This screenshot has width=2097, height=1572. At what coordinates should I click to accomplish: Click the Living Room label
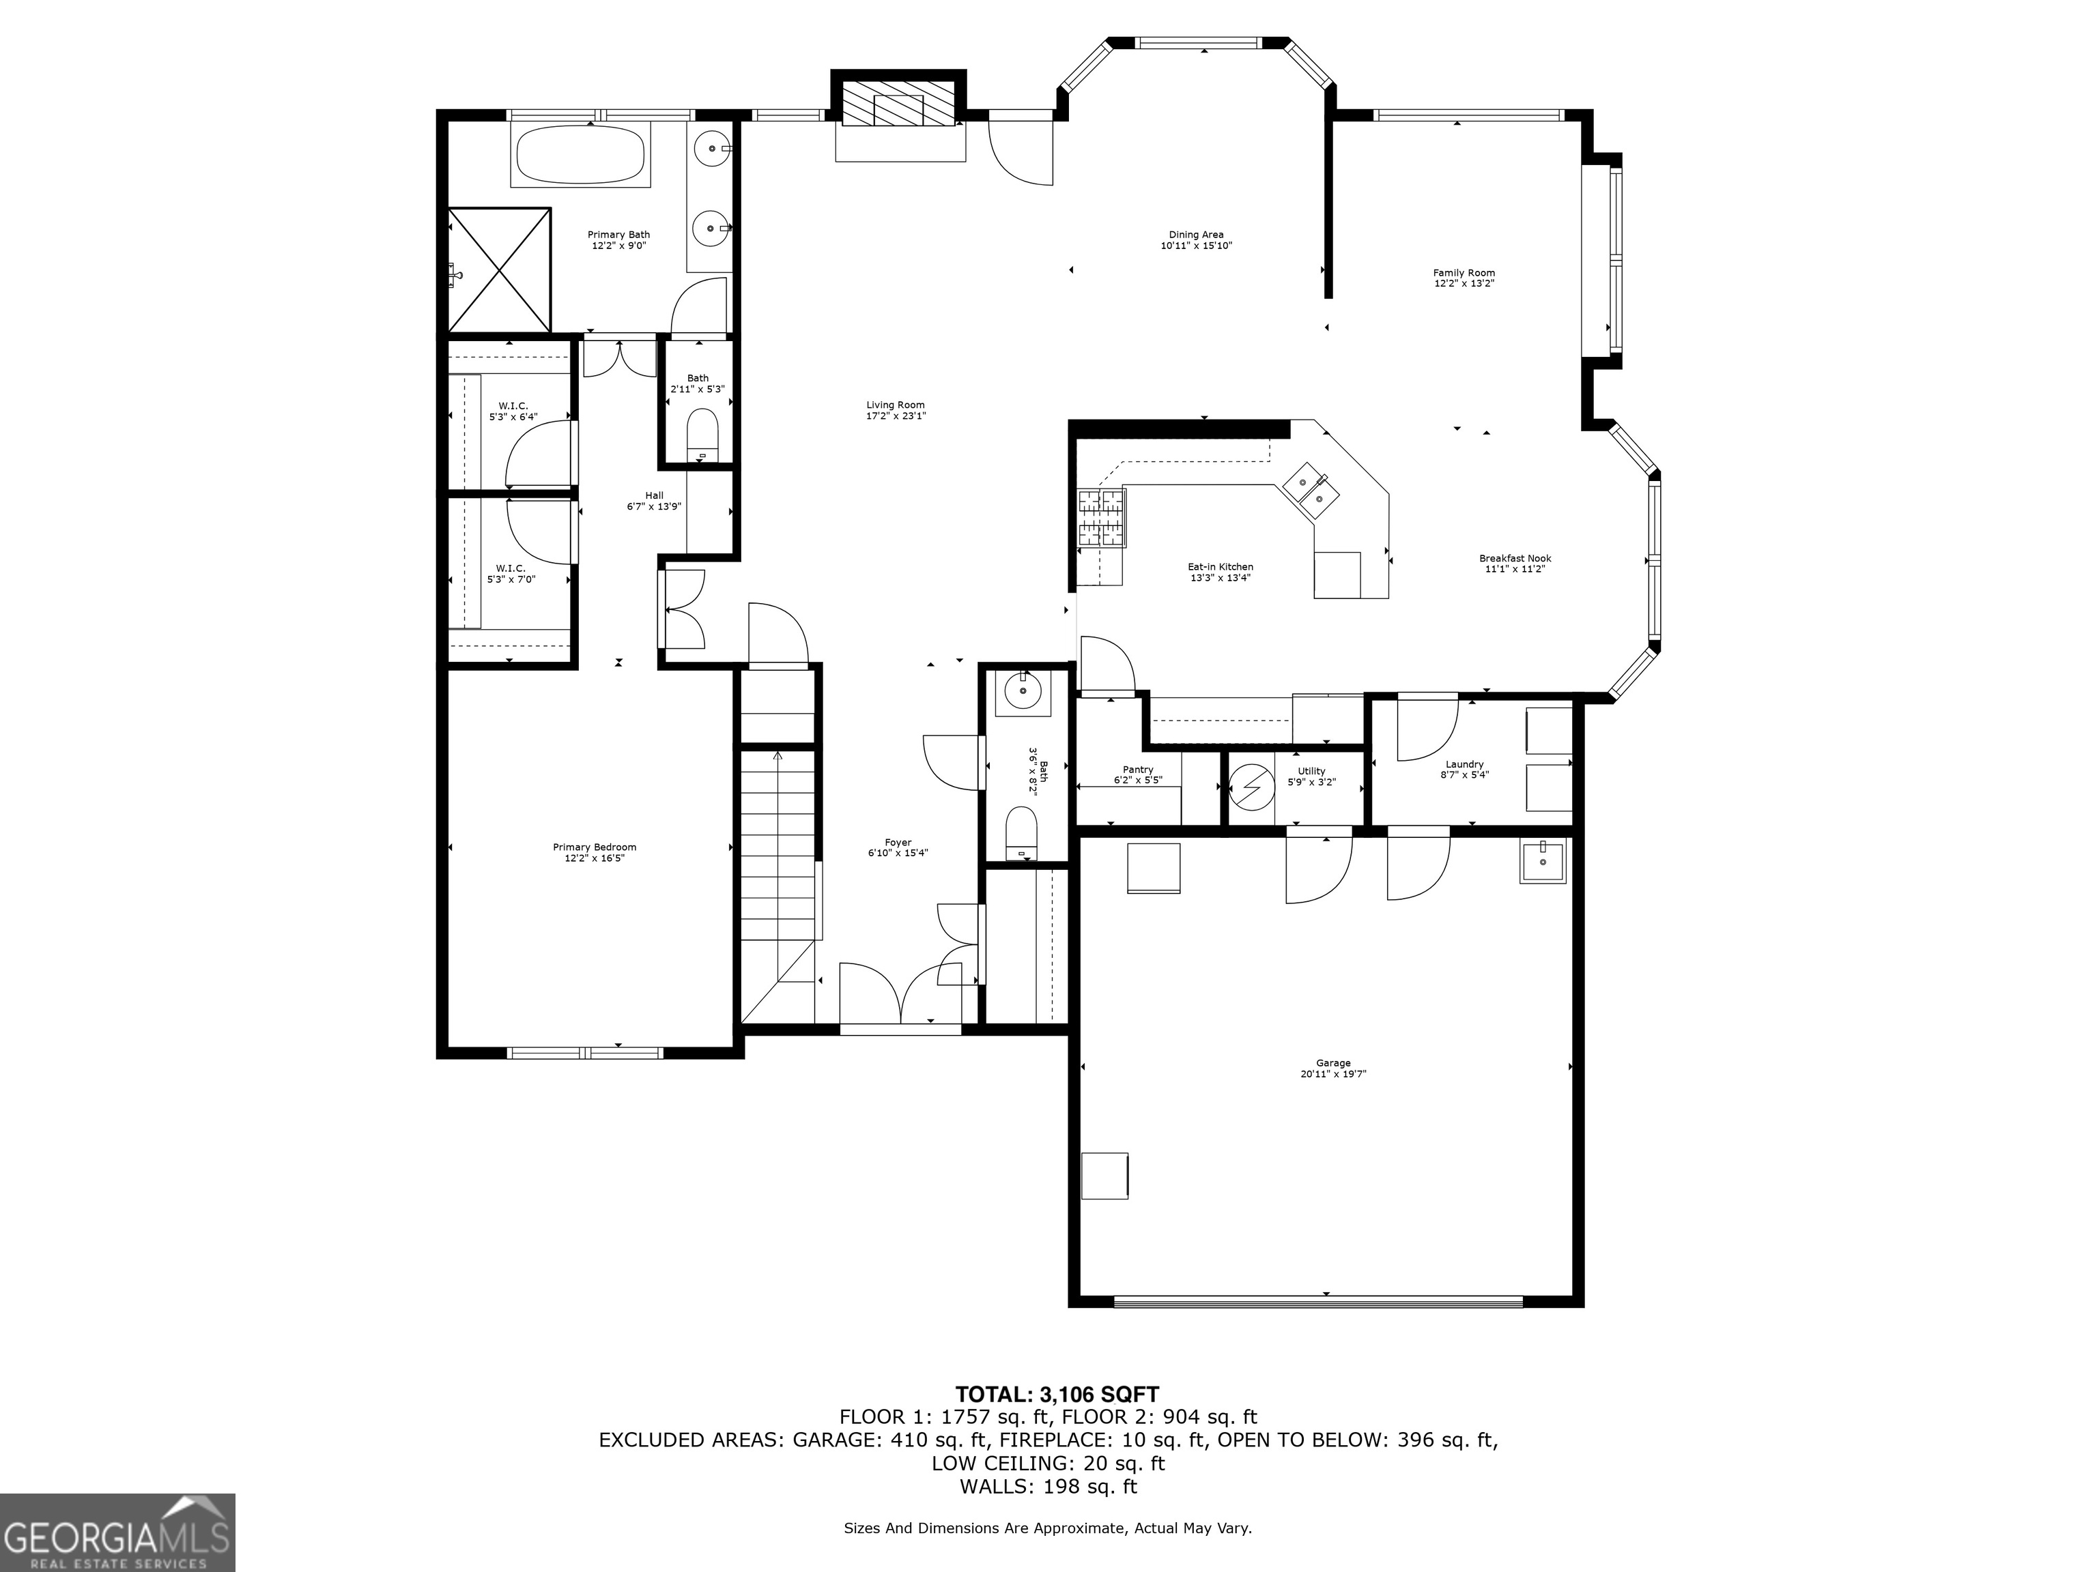(895, 410)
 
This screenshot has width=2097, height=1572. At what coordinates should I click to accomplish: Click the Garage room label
(1333, 1068)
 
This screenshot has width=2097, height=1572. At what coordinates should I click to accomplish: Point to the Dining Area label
(1197, 239)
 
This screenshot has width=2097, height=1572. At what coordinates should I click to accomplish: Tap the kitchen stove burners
(1102, 519)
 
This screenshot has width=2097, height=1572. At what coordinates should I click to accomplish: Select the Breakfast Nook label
(1515, 564)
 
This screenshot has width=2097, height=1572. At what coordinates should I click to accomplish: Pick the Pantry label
(1138, 775)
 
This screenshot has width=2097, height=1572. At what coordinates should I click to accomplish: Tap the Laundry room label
(1465, 770)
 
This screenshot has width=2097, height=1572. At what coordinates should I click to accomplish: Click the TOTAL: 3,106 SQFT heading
(1056, 1394)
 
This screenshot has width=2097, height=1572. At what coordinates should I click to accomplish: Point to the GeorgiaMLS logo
(117, 1532)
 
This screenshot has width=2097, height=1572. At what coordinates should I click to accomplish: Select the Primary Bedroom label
(595, 853)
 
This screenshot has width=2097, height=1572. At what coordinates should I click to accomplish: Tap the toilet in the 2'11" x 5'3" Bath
(702, 435)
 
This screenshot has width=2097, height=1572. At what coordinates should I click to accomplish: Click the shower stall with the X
(500, 269)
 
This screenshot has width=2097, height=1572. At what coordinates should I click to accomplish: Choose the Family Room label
(1464, 278)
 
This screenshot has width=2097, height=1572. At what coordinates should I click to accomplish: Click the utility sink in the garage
(1543, 860)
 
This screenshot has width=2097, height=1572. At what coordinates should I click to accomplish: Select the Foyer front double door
(900, 994)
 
